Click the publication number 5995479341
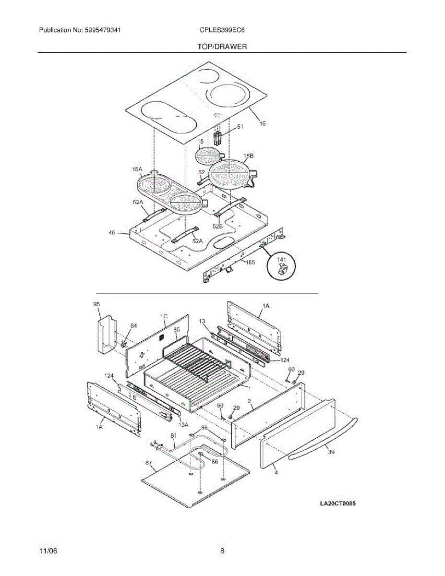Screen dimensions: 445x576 tap(103, 30)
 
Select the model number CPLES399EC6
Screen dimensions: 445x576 tap(222, 30)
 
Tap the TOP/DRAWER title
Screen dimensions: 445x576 tap(222, 47)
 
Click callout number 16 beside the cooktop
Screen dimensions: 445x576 tap(262, 123)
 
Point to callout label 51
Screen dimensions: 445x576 tap(240, 127)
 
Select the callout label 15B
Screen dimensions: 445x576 tap(248, 156)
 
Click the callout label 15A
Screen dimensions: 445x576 tap(137, 169)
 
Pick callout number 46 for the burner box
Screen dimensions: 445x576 tap(112, 232)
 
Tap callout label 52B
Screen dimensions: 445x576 tap(217, 227)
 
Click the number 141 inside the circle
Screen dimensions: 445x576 tap(281, 260)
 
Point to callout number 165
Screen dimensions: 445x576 tap(250, 262)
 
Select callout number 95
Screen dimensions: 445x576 tap(97, 304)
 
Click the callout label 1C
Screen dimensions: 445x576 tap(164, 316)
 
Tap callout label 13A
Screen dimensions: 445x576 tap(183, 425)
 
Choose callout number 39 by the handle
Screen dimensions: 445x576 tap(331, 452)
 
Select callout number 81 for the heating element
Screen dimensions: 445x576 tap(173, 435)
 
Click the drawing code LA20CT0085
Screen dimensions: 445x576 tap(338, 504)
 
